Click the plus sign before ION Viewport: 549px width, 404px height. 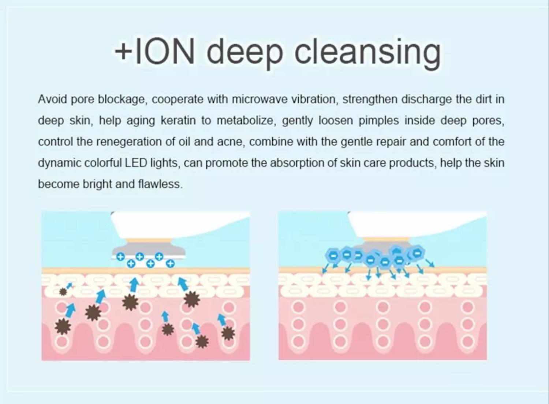123,52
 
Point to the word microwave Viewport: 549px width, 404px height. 259,99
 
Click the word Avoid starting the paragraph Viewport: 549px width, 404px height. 52,99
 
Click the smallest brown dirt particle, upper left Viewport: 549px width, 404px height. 63,292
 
